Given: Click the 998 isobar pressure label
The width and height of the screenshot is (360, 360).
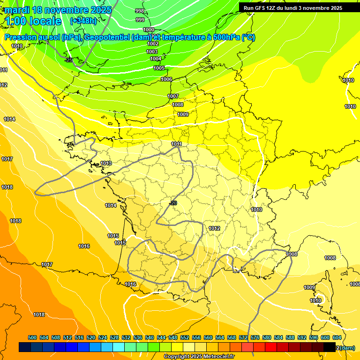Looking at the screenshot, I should [x=140, y=11].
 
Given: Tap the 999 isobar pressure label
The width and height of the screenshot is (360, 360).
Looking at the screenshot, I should [x=140, y=20].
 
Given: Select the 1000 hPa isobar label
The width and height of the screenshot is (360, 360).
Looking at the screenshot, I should [x=149, y=30].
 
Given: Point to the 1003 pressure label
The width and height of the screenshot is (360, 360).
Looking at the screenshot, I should [x=152, y=52].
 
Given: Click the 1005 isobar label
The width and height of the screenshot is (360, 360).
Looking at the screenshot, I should [x=159, y=68].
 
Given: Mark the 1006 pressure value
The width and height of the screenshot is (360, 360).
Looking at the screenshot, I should [x=166, y=79].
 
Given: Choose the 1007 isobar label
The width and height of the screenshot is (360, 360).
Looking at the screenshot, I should [x=173, y=96].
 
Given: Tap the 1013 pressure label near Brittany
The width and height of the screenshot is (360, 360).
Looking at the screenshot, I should [x=106, y=163].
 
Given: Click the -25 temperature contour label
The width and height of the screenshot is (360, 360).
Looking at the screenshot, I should [x=69, y=60].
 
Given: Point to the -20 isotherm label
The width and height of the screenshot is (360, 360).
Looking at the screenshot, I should [x=173, y=203].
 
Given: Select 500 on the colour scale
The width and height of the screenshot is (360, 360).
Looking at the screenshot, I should [x=32, y=337].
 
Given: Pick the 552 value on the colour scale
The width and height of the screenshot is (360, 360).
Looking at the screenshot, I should [x=185, y=337].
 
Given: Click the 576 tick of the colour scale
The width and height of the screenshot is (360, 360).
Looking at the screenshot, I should [x=255, y=337].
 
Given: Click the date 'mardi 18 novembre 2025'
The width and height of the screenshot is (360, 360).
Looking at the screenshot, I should [x=58, y=10].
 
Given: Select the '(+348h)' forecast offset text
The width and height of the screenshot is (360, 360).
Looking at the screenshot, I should [x=83, y=21].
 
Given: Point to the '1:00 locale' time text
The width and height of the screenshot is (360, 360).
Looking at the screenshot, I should [x=33, y=21].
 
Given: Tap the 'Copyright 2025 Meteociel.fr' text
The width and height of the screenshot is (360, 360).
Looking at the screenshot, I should [x=198, y=357].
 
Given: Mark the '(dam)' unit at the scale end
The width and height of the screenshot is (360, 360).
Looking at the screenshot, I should [x=346, y=348].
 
